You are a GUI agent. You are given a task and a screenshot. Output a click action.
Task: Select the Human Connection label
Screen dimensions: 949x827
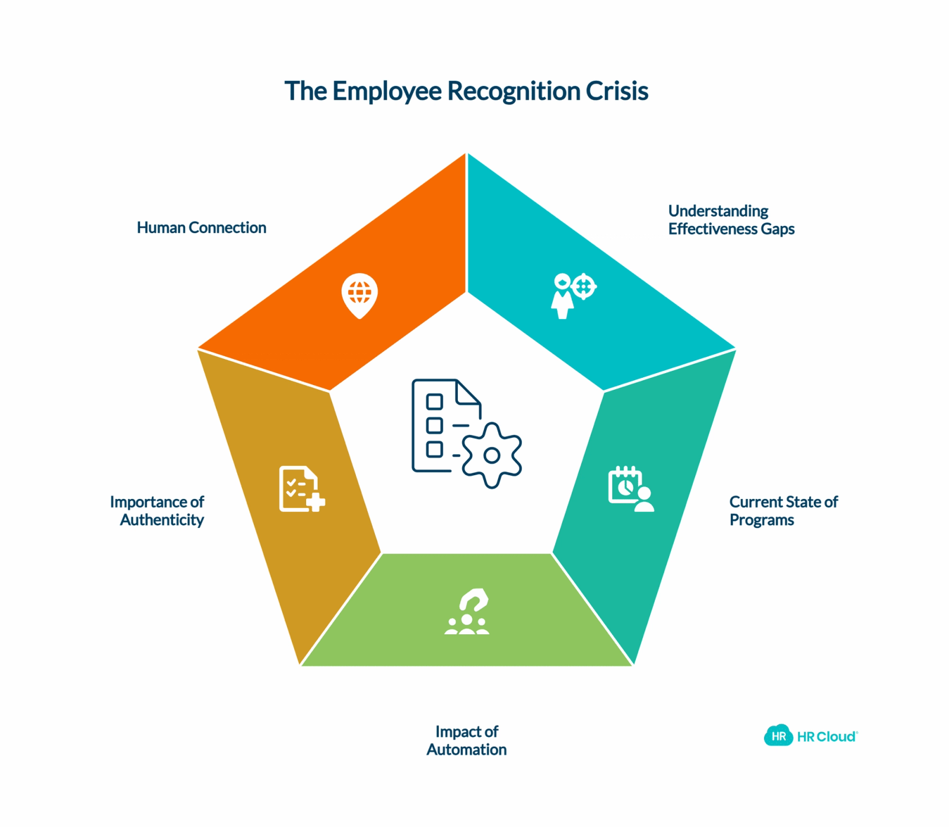coord(202,228)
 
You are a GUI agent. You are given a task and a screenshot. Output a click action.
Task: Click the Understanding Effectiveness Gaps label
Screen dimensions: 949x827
coord(731,220)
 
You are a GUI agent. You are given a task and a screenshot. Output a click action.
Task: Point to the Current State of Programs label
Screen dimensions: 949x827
coord(784,511)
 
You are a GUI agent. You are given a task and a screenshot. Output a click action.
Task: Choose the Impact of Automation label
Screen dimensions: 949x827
coord(467,740)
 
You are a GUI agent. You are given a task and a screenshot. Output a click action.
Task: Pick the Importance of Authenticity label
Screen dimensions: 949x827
coord(157,511)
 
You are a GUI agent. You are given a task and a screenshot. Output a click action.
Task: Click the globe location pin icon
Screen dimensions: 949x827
coord(359,295)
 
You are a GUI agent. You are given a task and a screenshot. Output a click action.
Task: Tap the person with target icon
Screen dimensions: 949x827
coord(574,295)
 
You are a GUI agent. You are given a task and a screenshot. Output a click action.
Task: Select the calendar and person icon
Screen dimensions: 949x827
coord(631,489)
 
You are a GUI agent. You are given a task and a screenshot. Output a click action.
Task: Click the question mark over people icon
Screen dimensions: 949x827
coord(467,612)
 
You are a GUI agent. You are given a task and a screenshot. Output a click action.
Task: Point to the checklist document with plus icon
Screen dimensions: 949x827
coord(302,489)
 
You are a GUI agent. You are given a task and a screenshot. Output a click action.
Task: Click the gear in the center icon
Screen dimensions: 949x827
coord(492,456)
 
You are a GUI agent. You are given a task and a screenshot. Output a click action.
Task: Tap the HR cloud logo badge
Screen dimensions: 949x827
coord(778,736)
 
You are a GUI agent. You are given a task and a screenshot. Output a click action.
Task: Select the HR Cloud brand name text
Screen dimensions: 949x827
coord(827,737)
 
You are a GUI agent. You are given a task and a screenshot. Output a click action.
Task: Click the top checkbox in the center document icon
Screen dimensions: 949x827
coord(435,402)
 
